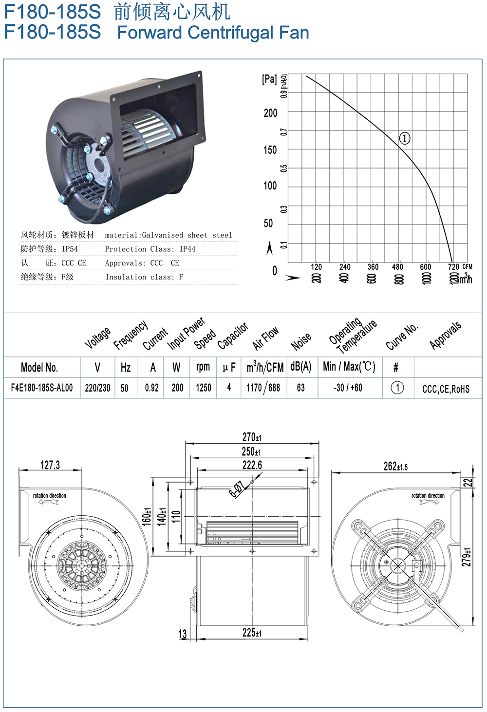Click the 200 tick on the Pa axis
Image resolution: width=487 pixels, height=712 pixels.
click(x=270, y=113)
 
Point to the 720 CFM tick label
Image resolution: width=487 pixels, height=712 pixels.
click(x=453, y=266)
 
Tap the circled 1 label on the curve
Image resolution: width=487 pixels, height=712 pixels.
click(x=405, y=138)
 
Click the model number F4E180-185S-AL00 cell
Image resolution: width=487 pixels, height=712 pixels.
click(x=42, y=388)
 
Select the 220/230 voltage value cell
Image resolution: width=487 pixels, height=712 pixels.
click(x=97, y=388)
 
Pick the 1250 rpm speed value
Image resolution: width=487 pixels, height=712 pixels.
click(x=204, y=388)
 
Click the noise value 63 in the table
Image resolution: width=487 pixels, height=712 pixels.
click(x=300, y=388)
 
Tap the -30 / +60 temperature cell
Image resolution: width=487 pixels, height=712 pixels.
click(x=348, y=388)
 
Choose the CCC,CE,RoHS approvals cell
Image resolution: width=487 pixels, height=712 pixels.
click(x=446, y=389)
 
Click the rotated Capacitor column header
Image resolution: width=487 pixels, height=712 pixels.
click(x=232, y=336)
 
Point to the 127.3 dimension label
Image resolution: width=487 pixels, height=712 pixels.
click(x=50, y=465)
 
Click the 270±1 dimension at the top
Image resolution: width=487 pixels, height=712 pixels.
click(x=252, y=437)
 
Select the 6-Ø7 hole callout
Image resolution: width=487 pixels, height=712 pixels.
click(x=237, y=489)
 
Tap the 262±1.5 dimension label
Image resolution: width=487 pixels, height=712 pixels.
click(x=395, y=467)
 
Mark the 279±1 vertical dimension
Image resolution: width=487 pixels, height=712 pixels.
click(x=467, y=557)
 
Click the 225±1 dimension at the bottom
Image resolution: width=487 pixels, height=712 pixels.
click(x=252, y=633)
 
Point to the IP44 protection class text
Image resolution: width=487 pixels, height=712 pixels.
click(x=187, y=249)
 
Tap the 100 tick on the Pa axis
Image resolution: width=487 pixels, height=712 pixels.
click(x=270, y=186)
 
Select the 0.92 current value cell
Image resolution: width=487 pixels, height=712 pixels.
click(x=152, y=388)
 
